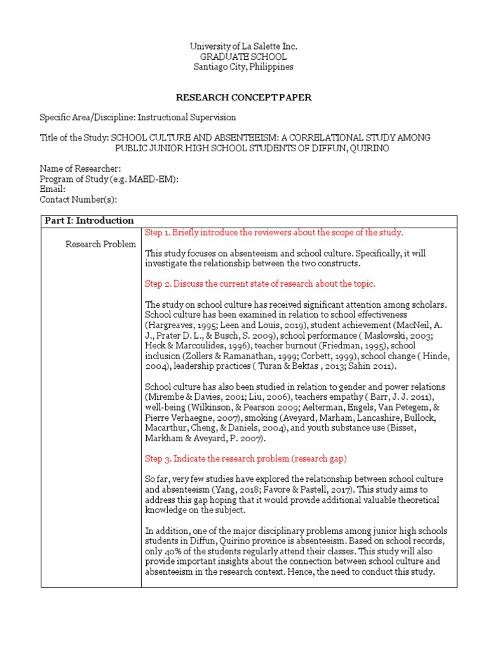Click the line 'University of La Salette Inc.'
tap(243, 46)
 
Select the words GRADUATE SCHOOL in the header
tap(243, 57)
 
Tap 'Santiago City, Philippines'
tap(243, 67)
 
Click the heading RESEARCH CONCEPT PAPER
tap(243, 97)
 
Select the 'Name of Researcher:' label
tap(80, 168)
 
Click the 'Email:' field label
tap(53, 189)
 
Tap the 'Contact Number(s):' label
tap(78, 199)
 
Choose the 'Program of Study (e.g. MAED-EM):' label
tap(109, 179)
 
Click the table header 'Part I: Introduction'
tap(89, 221)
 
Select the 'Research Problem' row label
tap(101, 244)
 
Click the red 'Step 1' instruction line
tap(274, 232)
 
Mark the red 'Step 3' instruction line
tap(246, 458)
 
